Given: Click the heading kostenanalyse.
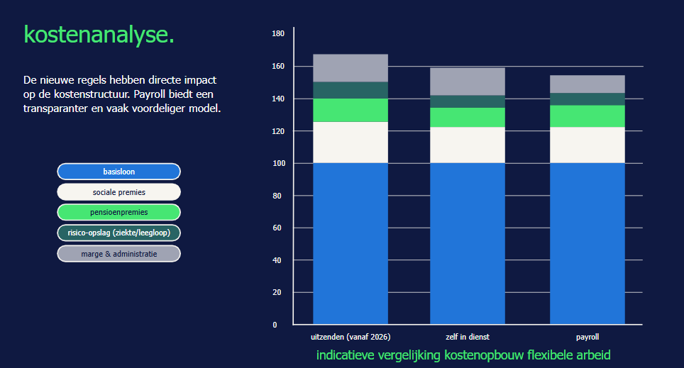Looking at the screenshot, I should click(x=99, y=34).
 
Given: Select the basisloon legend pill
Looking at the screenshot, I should click(x=118, y=172).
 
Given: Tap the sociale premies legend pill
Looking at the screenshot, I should click(x=118, y=192).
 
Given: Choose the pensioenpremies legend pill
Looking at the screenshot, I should click(x=118, y=213).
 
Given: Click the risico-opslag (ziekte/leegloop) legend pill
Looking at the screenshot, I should click(x=118, y=233).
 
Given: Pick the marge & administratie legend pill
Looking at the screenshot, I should click(x=118, y=254).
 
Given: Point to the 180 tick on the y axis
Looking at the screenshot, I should click(x=278, y=34).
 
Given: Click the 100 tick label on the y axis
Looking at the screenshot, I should click(x=278, y=164).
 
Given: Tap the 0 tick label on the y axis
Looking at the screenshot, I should click(x=275, y=325).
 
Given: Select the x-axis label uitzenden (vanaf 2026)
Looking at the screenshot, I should click(x=351, y=337).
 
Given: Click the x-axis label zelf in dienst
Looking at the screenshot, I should click(x=467, y=337).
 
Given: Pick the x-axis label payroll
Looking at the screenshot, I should click(x=587, y=337).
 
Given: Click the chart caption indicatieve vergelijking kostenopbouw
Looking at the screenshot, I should click(x=463, y=355).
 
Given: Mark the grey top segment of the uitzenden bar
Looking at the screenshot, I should click(x=351, y=68).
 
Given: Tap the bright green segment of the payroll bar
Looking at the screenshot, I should click(x=587, y=116).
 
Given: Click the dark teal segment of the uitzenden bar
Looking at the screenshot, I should click(x=351, y=90).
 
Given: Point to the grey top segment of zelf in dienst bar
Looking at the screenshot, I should click(x=467, y=82).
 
